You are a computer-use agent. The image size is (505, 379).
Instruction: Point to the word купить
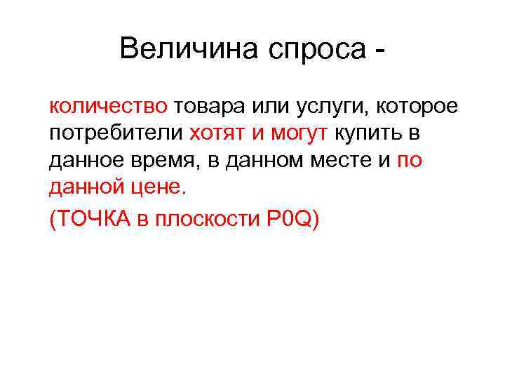(367, 134)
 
